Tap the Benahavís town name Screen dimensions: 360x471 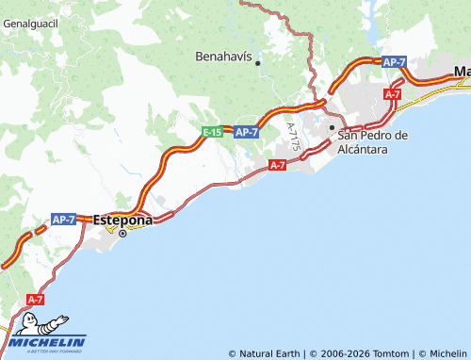tap(223, 57)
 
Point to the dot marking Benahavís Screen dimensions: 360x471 tap(257, 63)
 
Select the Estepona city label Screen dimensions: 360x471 tap(123, 219)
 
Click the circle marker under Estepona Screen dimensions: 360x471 tap(122, 232)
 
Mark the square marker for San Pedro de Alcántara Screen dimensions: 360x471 tap(332, 127)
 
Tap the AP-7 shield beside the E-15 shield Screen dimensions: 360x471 tap(246, 133)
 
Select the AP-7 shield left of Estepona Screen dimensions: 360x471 tap(64, 219)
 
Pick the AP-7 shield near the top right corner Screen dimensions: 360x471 tap(394, 61)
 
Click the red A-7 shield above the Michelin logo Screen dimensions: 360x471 tap(35, 300)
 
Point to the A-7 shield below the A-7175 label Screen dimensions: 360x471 tap(277, 165)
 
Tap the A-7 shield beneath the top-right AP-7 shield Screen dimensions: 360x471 tap(393, 94)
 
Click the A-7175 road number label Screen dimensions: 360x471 tap(295, 141)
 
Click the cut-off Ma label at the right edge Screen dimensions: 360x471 tap(462, 72)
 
